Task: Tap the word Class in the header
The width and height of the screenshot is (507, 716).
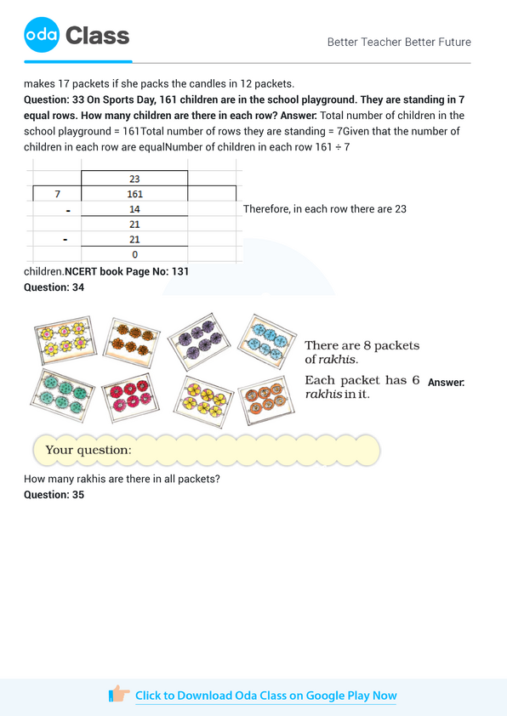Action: click(x=97, y=36)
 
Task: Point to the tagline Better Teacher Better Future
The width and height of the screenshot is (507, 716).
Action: click(x=399, y=42)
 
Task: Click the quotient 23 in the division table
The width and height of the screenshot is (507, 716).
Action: click(x=134, y=179)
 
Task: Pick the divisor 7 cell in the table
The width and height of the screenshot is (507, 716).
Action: click(x=56, y=195)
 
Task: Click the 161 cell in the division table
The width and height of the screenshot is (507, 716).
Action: click(x=134, y=195)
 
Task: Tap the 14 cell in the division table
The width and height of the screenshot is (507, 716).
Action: click(x=134, y=209)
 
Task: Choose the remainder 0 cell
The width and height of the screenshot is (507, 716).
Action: click(x=134, y=254)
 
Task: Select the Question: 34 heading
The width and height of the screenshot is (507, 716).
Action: click(x=54, y=287)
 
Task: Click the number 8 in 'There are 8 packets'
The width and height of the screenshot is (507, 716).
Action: click(x=368, y=345)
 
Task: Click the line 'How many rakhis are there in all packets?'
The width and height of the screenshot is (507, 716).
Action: click(x=122, y=479)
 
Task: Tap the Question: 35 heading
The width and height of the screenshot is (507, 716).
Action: click(x=54, y=495)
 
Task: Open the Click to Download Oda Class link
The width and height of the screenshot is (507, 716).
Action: click(x=265, y=696)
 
